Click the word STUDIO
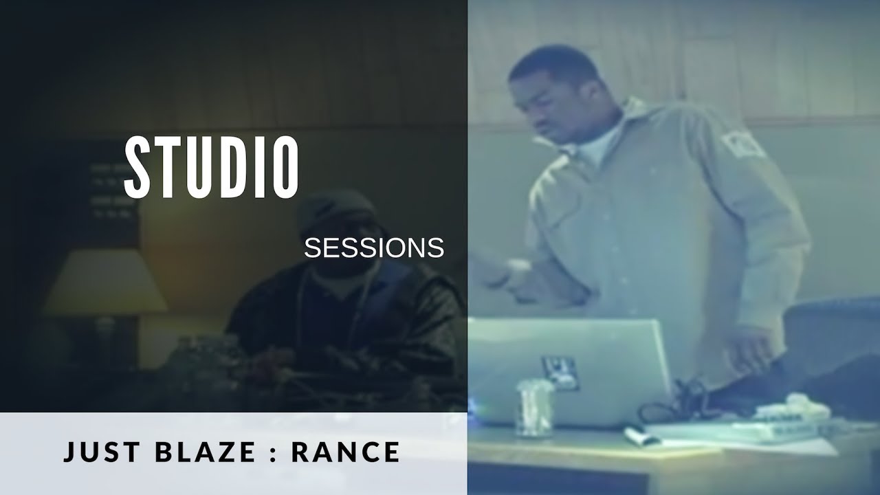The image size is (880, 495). pyautogui.click(x=212, y=167)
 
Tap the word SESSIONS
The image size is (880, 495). pyautogui.click(x=374, y=248)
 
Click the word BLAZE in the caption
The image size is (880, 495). pyautogui.click(x=206, y=452)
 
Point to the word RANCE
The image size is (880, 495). pyautogui.click(x=346, y=452)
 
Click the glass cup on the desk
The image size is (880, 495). pyautogui.click(x=534, y=409)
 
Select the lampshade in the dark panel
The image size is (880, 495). pyautogui.click(x=105, y=280)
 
